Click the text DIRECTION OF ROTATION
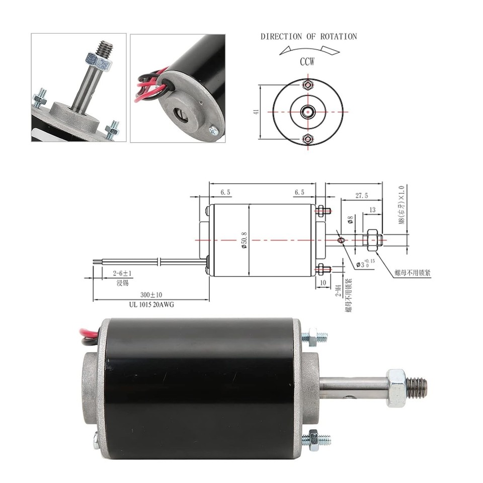pos(308,37)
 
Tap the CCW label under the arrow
pos(307,62)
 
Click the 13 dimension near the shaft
pos(372,210)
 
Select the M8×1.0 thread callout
pos(401,206)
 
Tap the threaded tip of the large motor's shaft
pos(417,386)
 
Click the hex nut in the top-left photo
pos(98,62)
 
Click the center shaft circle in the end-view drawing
pos(308,111)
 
